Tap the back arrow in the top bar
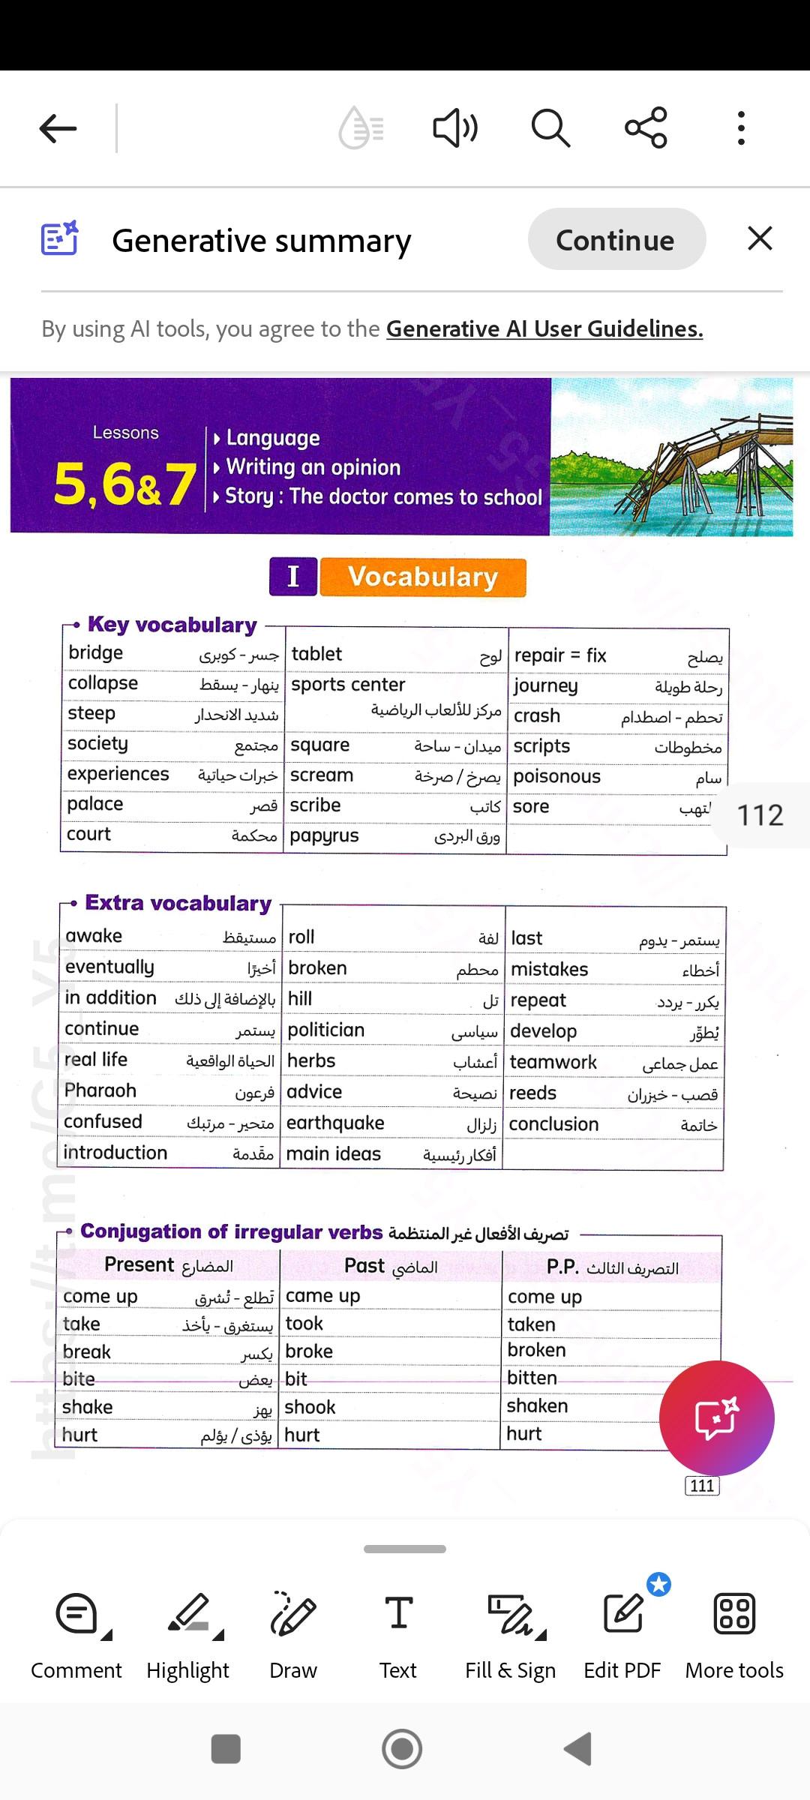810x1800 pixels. pos(58,128)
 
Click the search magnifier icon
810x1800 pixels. pos(550,128)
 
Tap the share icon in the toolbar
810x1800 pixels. pos(646,127)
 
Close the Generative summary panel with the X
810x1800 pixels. pos(760,239)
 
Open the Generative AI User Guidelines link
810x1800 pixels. pos(544,329)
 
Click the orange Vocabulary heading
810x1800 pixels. pos(423,577)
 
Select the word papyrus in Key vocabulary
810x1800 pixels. pos(325,836)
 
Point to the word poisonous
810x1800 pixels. pos(557,777)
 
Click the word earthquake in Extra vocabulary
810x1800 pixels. pos(335,1123)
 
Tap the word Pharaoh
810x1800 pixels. pos(100,1090)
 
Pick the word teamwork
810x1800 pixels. pos(553,1062)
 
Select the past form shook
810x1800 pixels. pos(310,1407)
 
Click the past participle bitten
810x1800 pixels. pos(532,1378)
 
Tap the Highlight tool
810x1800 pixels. pos(188,1635)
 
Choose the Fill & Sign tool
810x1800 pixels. pos(510,1635)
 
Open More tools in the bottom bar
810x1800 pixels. pos(734,1635)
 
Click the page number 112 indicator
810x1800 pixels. pos(760,815)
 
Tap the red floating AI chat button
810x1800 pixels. pos(716,1417)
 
